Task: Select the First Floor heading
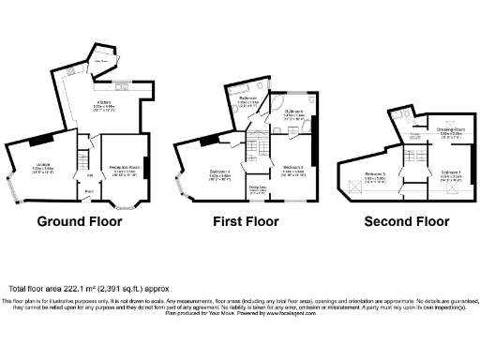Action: click(247, 222)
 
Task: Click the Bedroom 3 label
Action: click(376, 174)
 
